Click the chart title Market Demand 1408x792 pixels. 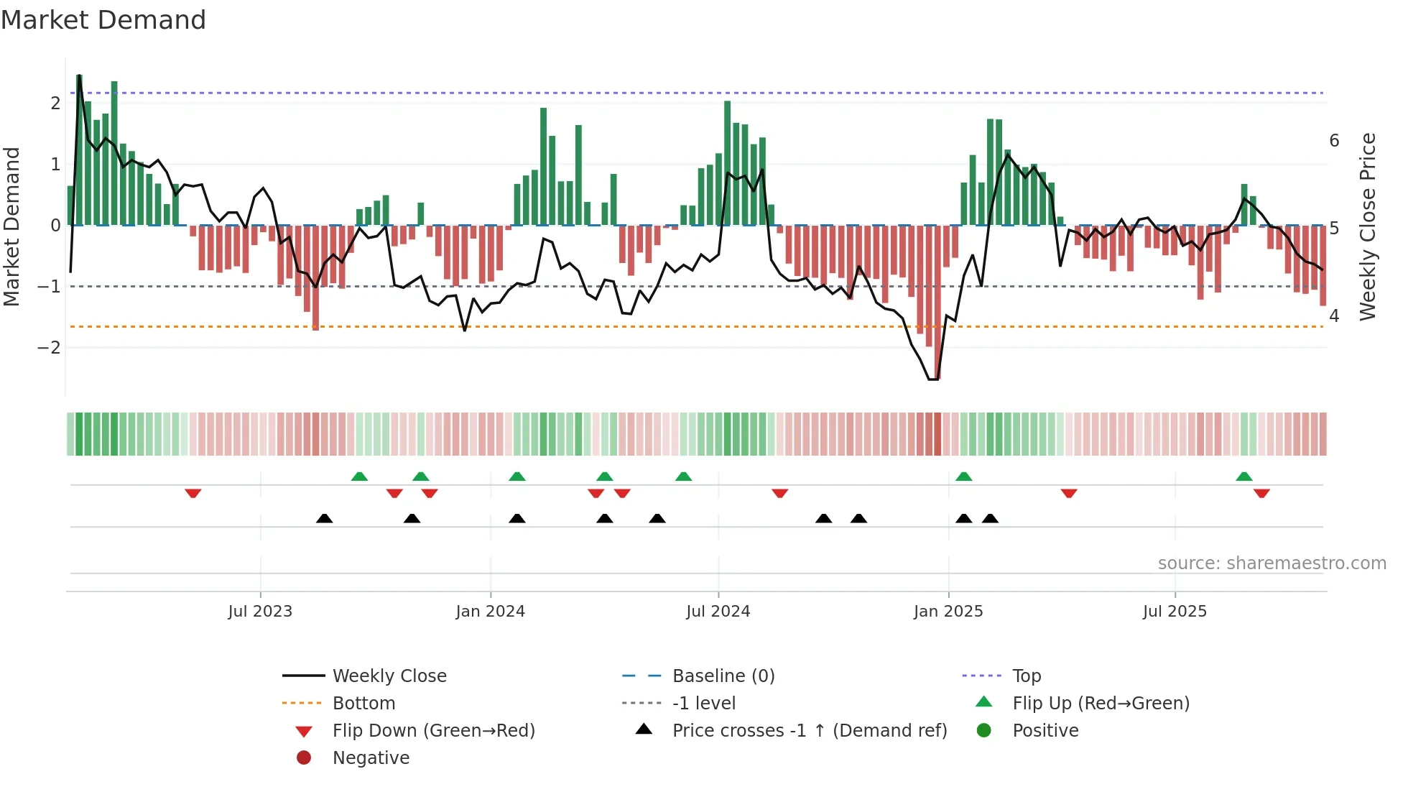pos(103,20)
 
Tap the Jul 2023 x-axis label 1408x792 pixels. pos(260,612)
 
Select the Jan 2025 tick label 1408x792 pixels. pos(948,612)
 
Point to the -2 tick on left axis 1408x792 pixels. pos(50,348)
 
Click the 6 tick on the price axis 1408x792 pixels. pos(1334,141)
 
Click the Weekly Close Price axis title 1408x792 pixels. pos(1368,226)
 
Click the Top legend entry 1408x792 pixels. pos(1026,676)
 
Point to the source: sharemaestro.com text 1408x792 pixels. pos(1272,563)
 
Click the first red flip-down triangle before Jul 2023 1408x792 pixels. pos(193,493)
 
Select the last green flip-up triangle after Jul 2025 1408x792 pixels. pos(1244,476)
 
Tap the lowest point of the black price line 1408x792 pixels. pos(933,379)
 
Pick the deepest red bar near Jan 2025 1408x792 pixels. pos(937,302)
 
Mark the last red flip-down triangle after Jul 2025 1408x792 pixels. pos(1261,493)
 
